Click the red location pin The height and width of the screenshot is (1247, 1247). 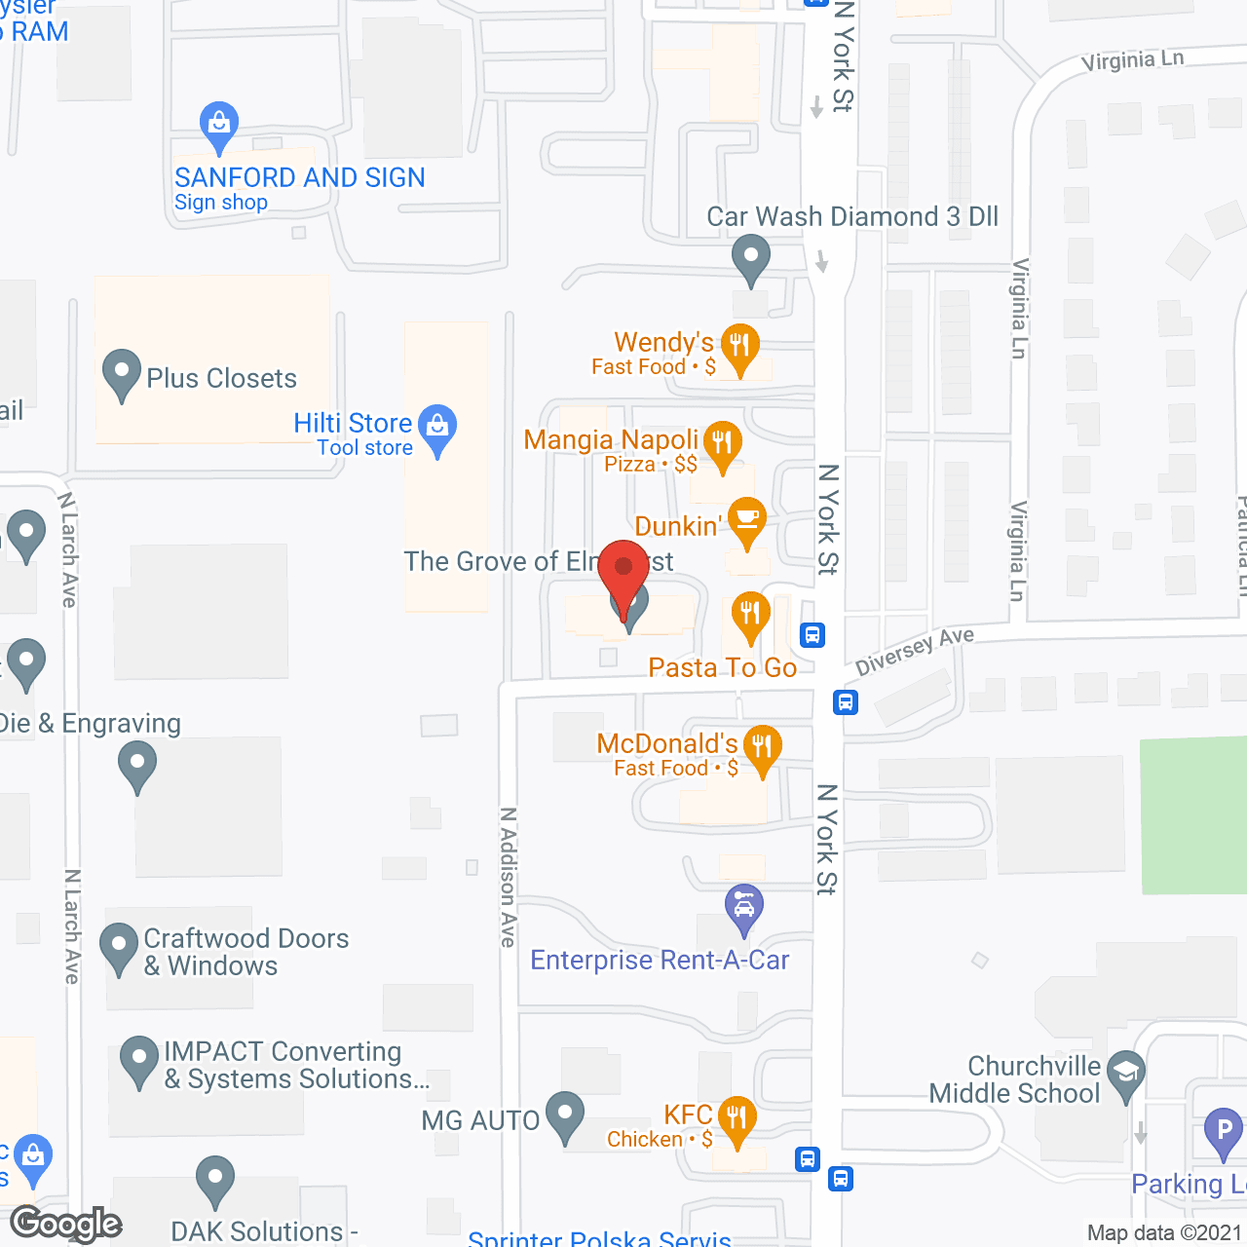click(623, 569)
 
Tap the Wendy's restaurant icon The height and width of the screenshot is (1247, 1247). click(740, 345)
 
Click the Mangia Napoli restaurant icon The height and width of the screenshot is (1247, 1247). click(722, 442)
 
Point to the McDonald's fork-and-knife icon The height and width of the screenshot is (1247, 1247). click(763, 746)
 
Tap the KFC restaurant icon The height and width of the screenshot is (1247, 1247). click(737, 1116)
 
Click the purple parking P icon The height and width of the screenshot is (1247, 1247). click(1224, 1130)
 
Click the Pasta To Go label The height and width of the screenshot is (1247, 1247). click(722, 667)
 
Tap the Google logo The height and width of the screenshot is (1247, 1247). click(66, 1224)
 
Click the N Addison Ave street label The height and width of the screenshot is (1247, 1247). click(508, 877)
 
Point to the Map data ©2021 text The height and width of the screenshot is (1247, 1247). click(1165, 1233)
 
